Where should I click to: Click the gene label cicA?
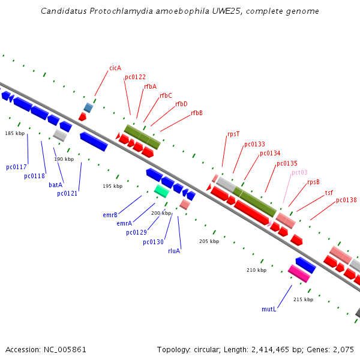(115, 68)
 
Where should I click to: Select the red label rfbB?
(197, 113)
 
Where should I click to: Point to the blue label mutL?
(268, 309)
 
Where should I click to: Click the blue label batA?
(55, 185)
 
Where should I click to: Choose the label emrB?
(110, 214)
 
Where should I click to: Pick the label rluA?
(174, 251)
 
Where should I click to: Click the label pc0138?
(346, 200)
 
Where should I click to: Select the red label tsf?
(329, 193)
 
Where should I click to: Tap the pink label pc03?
(299, 172)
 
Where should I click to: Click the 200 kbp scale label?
(161, 213)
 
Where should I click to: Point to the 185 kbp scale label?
(15, 133)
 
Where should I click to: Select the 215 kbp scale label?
(303, 299)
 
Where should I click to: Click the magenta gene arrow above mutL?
(299, 274)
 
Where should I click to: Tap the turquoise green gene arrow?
(161, 191)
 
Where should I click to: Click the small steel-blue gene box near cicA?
(88, 107)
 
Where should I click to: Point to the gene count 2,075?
(343, 349)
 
